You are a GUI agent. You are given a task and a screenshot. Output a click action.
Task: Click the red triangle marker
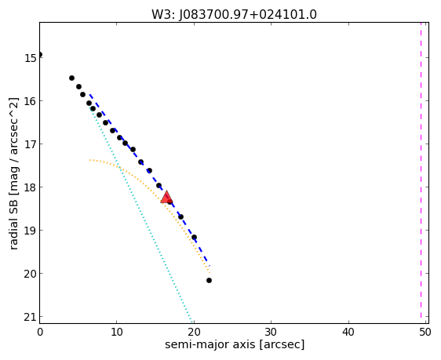[x=166, y=197]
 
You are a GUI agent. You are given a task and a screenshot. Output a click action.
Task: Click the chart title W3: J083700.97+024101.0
[x=234, y=14]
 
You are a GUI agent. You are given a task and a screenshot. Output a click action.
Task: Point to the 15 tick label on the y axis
[x=30, y=58]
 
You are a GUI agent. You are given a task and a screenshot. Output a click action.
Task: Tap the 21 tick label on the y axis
[x=30, y=317]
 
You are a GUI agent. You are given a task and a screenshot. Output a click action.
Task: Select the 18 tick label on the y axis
[x=30, y=187]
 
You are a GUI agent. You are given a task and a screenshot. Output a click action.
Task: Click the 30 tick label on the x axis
[x=272, y=333]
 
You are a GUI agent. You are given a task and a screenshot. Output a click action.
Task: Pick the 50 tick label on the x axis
[x=425, y=333]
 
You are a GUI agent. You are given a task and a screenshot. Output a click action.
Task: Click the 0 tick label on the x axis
[x=40, y=333]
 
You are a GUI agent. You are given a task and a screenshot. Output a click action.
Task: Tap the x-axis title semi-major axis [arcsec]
[x=235, y=344]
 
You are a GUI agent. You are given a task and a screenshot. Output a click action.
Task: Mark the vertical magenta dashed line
[x=421, y=170]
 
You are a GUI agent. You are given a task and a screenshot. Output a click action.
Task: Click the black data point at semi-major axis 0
[x=40, y=55]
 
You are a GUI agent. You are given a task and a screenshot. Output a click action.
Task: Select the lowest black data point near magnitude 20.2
[x=209, y=280]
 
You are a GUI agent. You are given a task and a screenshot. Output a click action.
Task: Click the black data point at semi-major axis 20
[x=194, y=237]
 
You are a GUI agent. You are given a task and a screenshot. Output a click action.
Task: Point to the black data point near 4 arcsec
[x=71, y=78]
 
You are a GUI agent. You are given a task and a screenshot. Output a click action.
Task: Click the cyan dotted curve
[x=140, y=213]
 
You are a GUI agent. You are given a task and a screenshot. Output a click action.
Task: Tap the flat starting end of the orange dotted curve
[x=90, y=160]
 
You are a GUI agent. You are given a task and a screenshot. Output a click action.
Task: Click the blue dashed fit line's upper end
[x=90, y=95]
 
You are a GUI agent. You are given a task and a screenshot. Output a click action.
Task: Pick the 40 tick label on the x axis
[x=348, y=333]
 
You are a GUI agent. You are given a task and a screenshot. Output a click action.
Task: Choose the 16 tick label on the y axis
[x=30, y=101]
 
